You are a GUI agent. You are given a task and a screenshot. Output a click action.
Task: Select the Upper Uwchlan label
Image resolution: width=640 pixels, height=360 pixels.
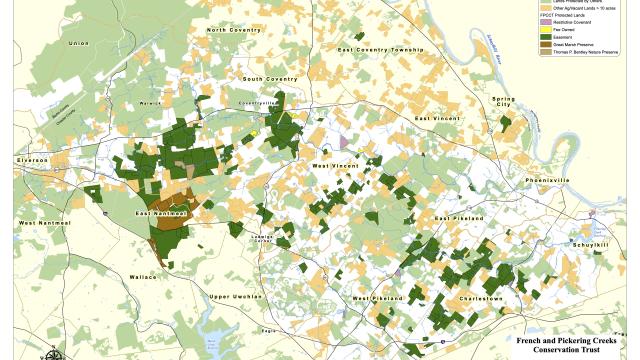point(236,296)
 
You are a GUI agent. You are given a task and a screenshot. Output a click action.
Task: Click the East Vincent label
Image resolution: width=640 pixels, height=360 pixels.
point(440,119)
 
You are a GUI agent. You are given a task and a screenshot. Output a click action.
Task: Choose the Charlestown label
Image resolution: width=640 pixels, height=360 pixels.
point(480,299)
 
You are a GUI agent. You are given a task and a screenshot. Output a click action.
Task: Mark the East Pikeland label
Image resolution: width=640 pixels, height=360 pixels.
point(462,218)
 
